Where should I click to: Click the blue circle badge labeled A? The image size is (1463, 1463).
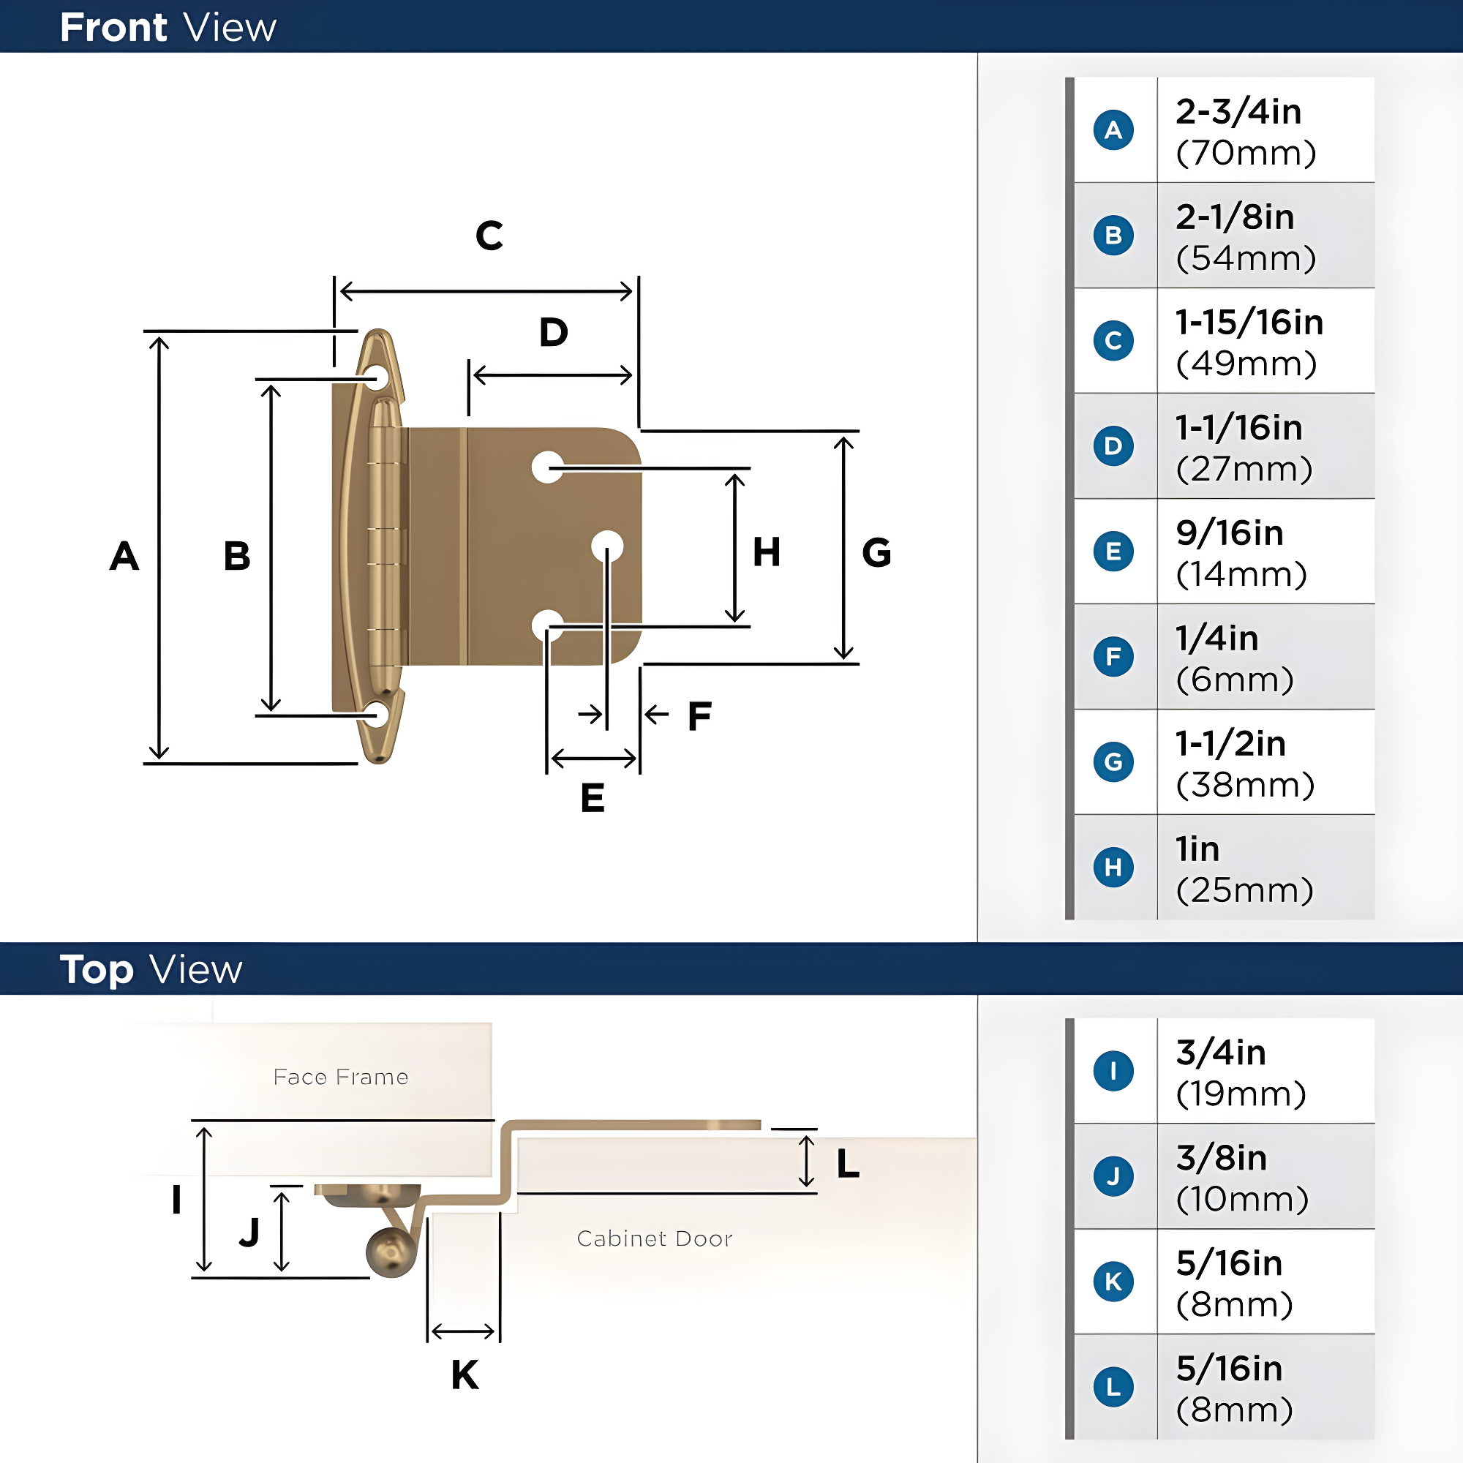click(1113, 129)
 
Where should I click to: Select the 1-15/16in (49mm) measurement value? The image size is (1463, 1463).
click(1249, 342)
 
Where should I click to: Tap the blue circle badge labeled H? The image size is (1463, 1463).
click(1113, 867)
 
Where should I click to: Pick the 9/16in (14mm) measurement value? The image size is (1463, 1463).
click(1241, 554)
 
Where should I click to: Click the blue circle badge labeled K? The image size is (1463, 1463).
click(1113, 1282)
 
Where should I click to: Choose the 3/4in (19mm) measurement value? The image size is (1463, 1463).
click(1241, 1073)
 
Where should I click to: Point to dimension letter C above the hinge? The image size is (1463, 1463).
click(489, 236)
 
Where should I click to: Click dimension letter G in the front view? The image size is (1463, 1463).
click(877, 552)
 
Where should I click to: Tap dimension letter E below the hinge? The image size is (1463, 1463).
click(593, 798)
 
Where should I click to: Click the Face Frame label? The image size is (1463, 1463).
click(341, 1077)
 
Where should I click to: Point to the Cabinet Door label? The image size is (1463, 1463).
click(654, 1238)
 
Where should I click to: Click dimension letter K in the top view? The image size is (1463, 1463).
click(465, 1374)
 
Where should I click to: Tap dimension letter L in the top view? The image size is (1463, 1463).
click(848, 1163)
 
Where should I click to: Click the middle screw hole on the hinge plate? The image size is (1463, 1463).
click(607, 546)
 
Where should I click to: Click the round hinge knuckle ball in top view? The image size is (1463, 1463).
click(391, 1252)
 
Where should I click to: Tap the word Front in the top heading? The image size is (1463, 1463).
click(113, 27)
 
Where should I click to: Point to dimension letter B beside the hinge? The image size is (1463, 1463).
click(237, 556)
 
